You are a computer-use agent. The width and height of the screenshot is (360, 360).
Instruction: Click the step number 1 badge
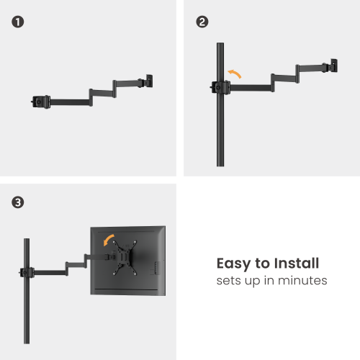pos(17,22)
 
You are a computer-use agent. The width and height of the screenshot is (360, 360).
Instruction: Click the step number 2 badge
pos(202,22)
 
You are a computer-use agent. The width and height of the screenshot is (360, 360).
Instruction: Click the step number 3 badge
pos(17,202)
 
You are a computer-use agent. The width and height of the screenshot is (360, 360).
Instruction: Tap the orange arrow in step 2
pos(235,73)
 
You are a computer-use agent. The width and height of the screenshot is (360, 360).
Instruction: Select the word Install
pos(292,264)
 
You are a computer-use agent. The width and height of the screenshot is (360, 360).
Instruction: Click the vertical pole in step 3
pos(27,317)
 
